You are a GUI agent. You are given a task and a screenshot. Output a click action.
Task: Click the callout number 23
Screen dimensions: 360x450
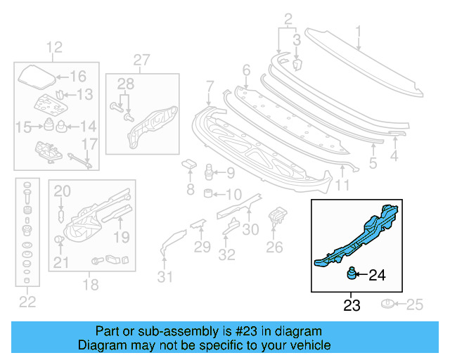[352, 306]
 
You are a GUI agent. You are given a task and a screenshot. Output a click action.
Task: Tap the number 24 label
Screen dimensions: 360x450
[377, 275]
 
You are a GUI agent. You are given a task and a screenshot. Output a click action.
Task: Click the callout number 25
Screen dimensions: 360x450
[415, 304]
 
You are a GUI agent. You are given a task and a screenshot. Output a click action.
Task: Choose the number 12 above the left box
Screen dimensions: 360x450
[54, 48]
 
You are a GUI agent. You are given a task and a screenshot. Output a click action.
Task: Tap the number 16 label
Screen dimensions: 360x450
[77, 77]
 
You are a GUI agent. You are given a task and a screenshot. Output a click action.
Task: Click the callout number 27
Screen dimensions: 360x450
[141, 60]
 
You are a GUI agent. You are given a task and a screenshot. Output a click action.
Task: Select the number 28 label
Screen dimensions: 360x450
[125, 85]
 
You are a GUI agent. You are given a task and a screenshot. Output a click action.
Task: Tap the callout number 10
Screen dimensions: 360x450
[233, 194]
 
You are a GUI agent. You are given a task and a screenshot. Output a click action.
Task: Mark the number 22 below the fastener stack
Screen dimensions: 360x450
[27, 302]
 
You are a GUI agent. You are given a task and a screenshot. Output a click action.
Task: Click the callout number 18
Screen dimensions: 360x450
[91, 285]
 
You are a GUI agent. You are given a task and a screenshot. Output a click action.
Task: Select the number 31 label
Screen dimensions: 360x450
[165, 277]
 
